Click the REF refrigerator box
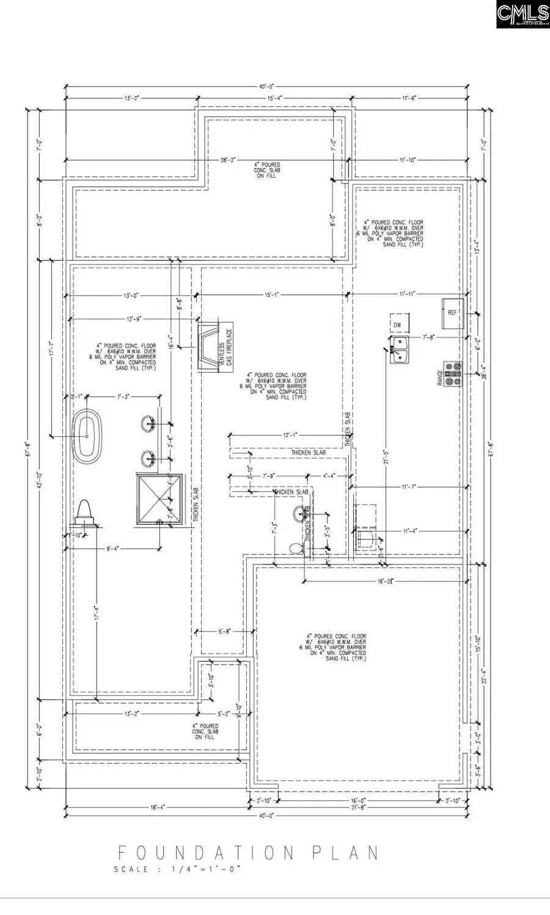click(453, 313)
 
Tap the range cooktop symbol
click(453, 374)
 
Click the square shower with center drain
click(159, 499)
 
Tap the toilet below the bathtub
click(86, 513)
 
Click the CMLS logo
click(522, 15)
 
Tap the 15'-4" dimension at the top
click(273, 98)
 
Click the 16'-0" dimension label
click(358, 800)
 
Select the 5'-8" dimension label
click(223, 632)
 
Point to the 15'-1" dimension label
click(272, 294)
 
